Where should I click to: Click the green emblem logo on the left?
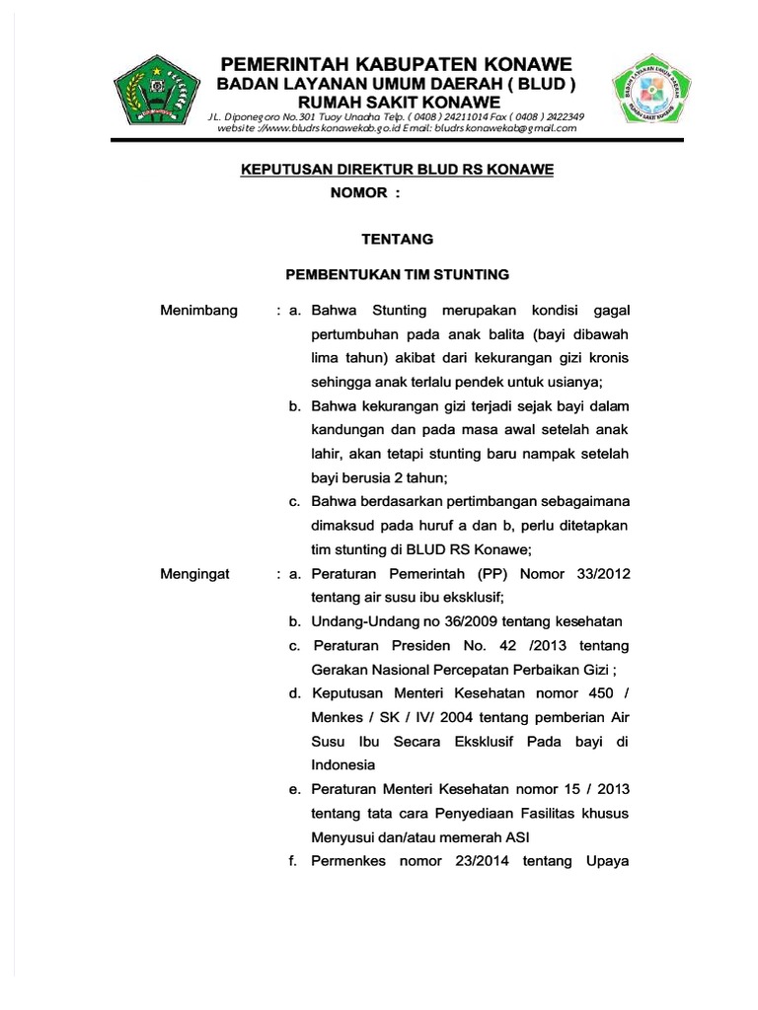158,95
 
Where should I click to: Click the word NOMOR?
358,193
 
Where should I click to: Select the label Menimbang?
199,312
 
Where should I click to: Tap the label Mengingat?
194,574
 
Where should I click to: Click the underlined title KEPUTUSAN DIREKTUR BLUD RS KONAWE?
398,170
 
